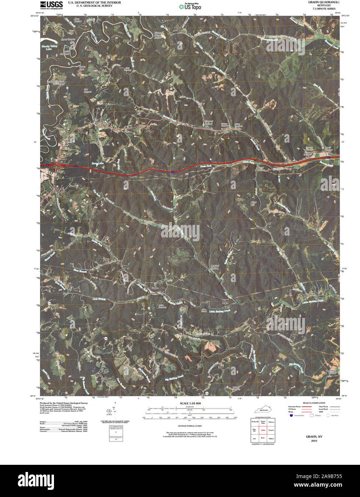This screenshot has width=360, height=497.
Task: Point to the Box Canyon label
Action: (x=88, y=90)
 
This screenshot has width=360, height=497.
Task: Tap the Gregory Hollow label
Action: (x=209, y=123)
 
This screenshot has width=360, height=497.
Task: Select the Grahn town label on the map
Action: (x=155, y=288)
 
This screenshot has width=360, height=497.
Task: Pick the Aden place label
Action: (x=225, y=303)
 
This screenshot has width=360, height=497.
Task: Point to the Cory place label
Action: (x=65, y=293)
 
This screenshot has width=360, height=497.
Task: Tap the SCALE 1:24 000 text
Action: (x=189, y=403)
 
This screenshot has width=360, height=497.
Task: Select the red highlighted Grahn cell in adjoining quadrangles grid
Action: (x=263, y=429)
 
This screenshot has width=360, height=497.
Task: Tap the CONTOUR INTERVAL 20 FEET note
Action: (x=189, y=426)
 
